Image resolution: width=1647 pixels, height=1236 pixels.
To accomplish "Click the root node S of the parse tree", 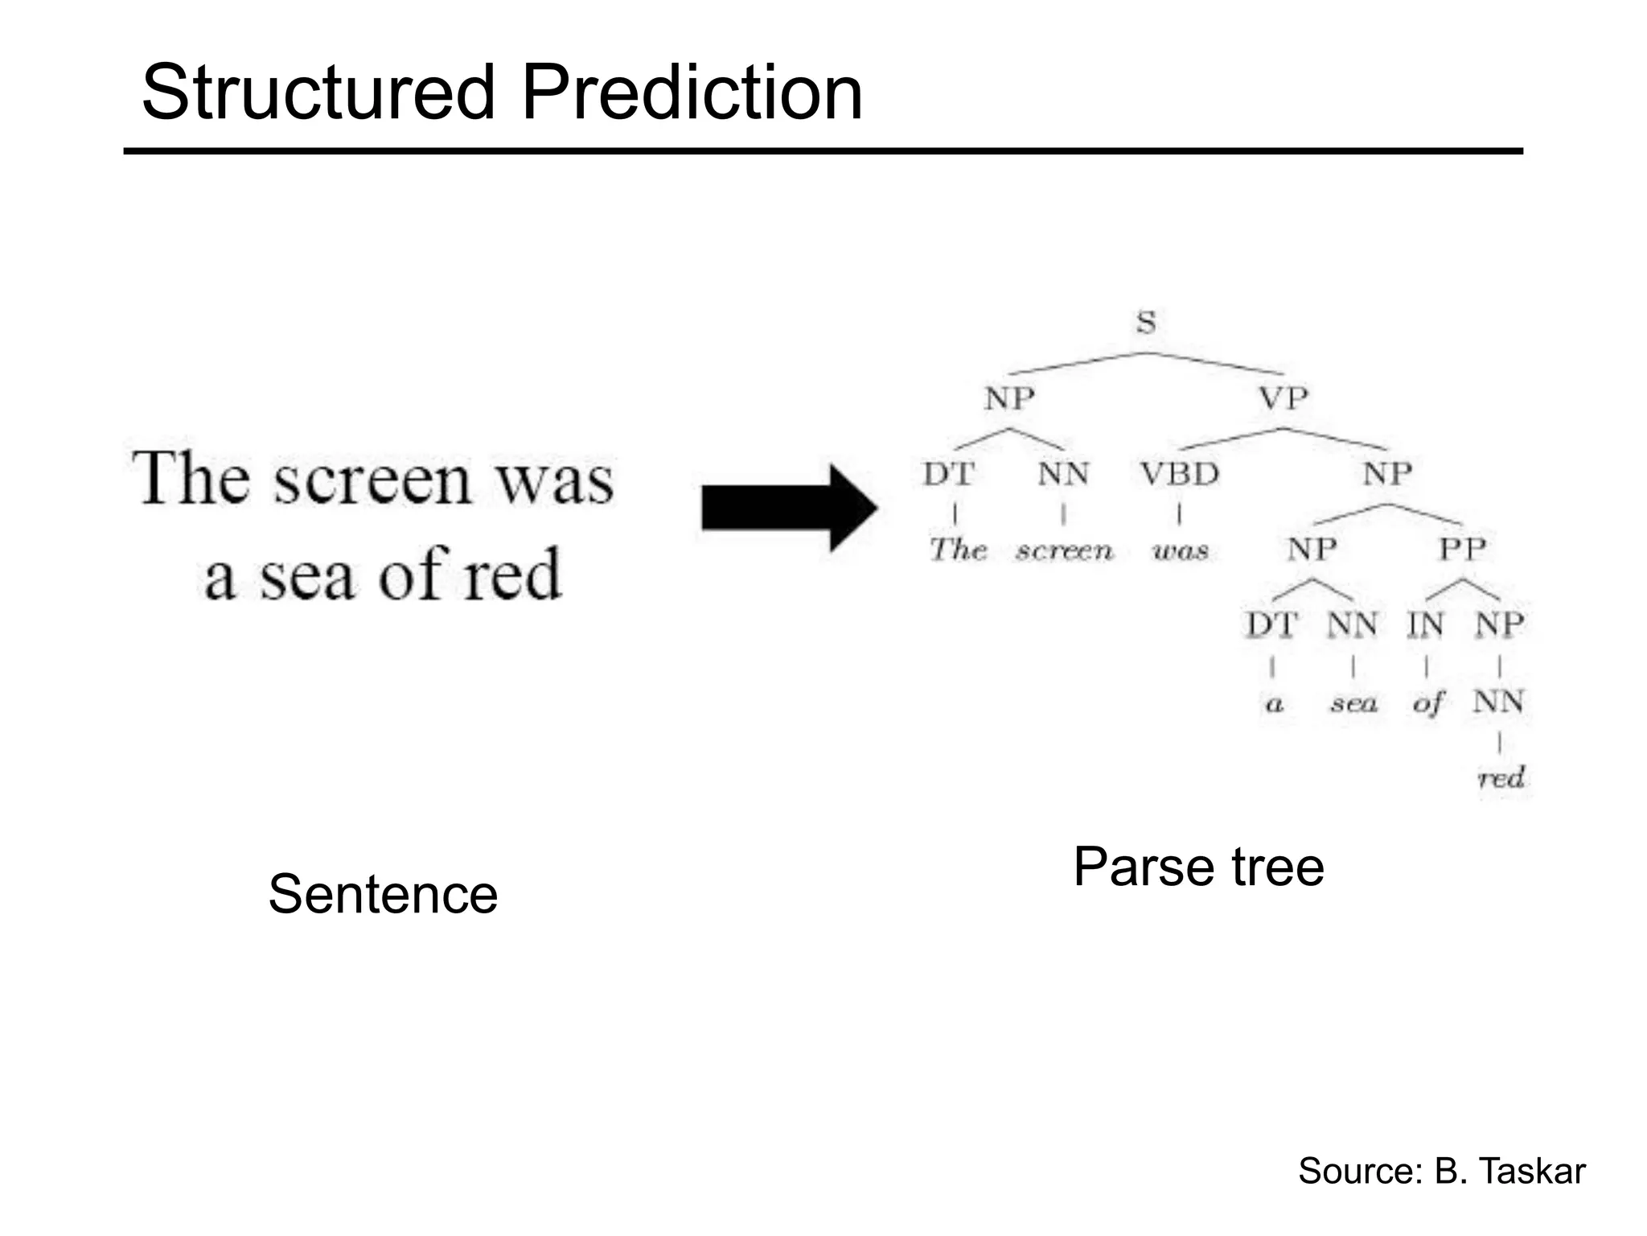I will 1146,323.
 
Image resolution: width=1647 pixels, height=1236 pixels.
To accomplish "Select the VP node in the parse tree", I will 1283,398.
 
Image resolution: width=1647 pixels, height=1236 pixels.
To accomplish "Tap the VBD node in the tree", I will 1179,474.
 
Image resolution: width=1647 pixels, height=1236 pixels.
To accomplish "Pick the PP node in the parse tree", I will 1462,550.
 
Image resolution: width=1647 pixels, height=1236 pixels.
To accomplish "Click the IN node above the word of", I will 1425,625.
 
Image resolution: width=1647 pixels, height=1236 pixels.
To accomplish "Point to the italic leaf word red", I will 1501,778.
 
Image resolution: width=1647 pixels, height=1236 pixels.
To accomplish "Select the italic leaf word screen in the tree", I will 1064,551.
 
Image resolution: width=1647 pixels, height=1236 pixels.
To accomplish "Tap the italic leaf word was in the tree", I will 1180,551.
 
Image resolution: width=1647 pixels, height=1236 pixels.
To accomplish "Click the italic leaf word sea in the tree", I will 1353,704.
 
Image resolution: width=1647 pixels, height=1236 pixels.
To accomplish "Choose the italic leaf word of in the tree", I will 1427,704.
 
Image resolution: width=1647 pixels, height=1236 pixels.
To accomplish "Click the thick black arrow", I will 788,509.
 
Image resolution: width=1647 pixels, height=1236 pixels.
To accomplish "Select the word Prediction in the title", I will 692,93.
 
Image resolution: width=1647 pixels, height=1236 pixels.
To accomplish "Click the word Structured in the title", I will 318,93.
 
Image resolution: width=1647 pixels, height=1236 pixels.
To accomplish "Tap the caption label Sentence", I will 383,894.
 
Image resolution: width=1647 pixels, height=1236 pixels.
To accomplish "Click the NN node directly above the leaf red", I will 1498,702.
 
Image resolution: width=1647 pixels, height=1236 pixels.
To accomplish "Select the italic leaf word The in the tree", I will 958,550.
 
